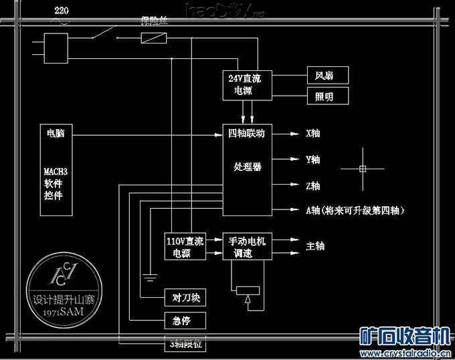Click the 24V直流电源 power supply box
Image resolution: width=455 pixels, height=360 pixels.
pos(248,84)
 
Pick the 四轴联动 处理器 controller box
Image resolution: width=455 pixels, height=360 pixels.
pos(248,170)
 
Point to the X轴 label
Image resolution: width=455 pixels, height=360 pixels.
pos(313,134)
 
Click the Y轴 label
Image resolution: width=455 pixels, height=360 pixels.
pos(313,160)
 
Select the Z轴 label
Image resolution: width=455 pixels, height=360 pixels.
pos(313,185)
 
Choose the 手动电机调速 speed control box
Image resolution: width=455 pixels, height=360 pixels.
pos(248,247)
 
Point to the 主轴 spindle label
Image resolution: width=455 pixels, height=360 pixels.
pos(315,246)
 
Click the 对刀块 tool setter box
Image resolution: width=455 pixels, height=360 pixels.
pos(182,297)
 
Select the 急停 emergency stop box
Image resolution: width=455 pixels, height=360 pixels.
pos(182,321)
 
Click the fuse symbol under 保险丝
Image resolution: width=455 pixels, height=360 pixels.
pos(155,39)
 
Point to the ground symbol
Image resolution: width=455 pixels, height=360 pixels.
pos(150,276)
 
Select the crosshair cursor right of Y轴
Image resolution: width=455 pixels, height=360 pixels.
pos(362,169)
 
